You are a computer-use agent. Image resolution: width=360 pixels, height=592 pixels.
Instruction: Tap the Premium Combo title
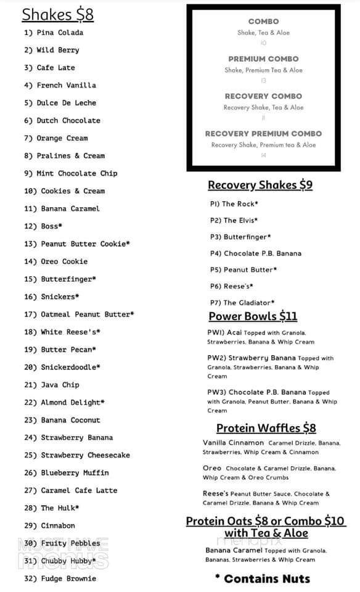[263, 59]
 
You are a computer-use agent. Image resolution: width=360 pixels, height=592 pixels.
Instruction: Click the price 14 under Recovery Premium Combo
[263, 155]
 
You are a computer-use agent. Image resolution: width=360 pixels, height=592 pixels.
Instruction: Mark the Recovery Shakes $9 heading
[260, 185]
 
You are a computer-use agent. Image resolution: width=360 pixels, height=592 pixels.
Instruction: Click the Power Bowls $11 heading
[253, 316]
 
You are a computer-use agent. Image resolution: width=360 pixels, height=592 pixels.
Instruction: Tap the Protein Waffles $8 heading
[266, 428]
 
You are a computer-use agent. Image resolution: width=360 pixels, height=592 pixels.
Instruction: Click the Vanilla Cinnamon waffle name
[233, 443]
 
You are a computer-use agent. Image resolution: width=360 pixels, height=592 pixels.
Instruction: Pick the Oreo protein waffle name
[212, 468]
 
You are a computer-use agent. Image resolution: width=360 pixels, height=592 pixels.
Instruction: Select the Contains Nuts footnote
[262, 578]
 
